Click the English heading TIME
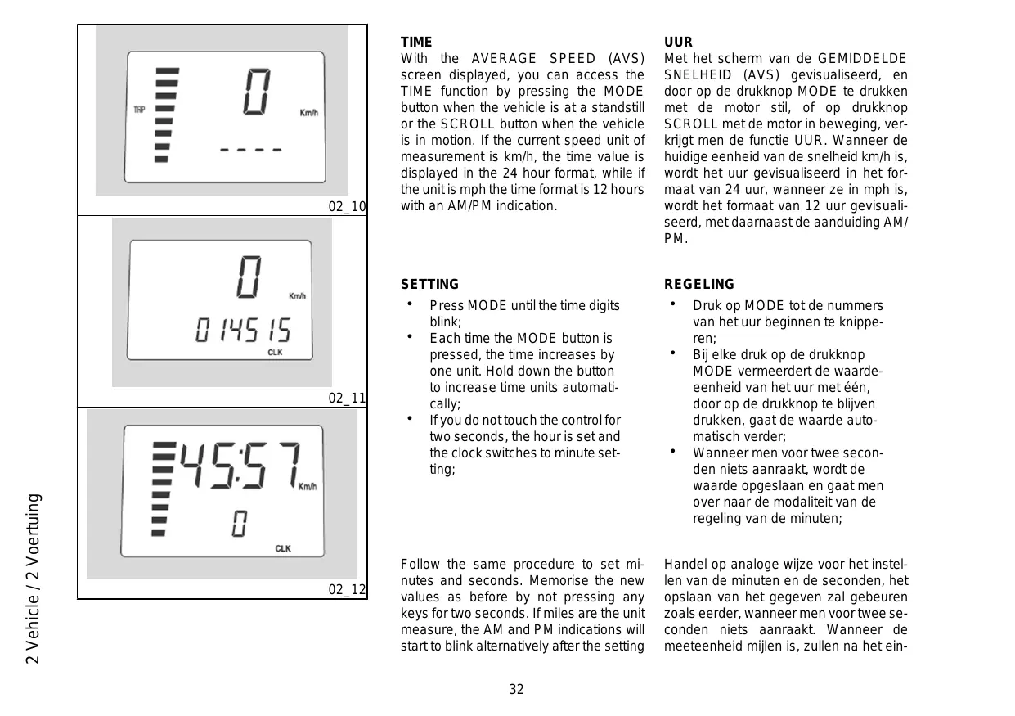[x=416, y=42]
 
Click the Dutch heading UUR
[x=678, y=42]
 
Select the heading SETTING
[x=429, y=284]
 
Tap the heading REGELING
[x=698, y=284]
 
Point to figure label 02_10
[x=347, y=206]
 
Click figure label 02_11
[x=347, y=399]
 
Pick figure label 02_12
[x=347, y=590]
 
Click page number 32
[x=516, y=689]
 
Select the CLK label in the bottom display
[x=283, y=548]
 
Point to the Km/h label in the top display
[x=308, y=113]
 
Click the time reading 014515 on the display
[x=243, y=331]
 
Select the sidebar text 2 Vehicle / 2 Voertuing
[x=34, y=579]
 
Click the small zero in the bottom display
[x=239, y=524]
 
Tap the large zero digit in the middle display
[x=249, y=277]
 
